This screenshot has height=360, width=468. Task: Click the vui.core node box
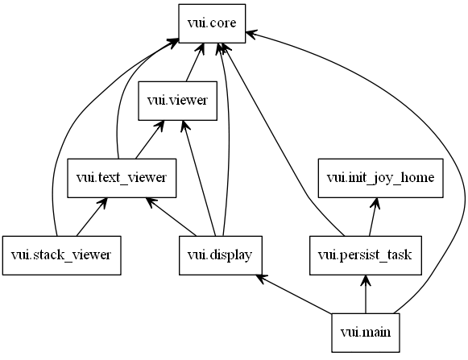[211, 23]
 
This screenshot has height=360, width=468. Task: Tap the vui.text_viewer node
[121, 176]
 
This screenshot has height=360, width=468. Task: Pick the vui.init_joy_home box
[380, 176]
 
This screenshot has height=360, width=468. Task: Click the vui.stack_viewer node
[61, 254]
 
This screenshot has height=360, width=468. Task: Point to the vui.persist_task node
[365, 254]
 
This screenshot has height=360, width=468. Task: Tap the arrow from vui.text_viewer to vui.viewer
[148, 139]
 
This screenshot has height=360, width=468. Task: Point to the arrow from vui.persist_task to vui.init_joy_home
[372, 216]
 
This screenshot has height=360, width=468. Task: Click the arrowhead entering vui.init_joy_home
[375, 201]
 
